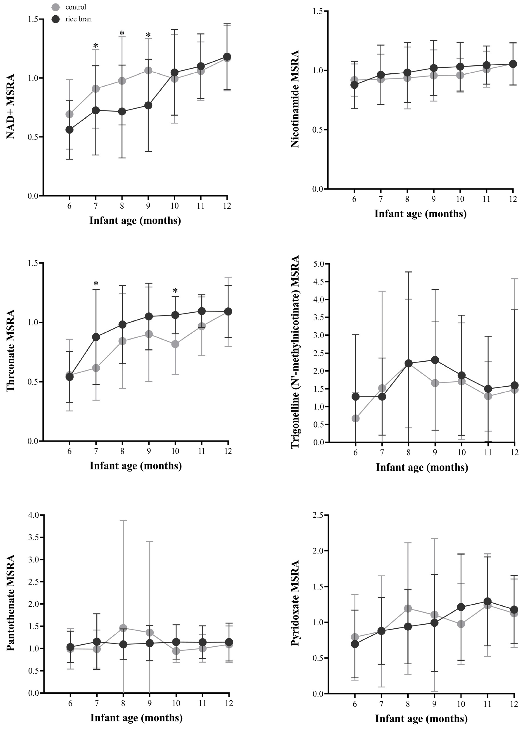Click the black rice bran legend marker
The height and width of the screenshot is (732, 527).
[55, 19]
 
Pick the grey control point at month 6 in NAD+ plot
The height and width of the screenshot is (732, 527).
[69, 114]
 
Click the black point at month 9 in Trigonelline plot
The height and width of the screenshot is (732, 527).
[435, 360]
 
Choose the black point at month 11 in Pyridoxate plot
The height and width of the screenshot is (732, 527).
[488, 601]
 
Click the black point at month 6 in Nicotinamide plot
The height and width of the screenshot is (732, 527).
[354, 85]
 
